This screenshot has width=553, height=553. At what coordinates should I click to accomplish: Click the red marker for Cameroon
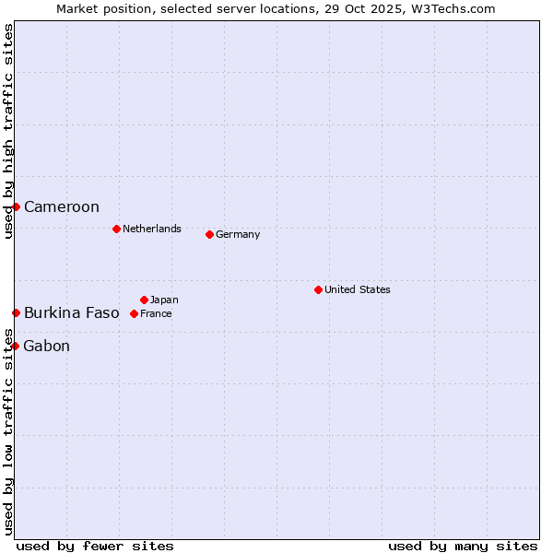tap(16, 206)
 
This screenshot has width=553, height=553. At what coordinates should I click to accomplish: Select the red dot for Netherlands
tap(116, 229)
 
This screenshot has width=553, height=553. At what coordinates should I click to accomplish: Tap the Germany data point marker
tap(209, 234)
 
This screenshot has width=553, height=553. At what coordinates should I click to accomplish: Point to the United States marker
tap(318, 289)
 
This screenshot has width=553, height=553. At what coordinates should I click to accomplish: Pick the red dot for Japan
tap(144, 300)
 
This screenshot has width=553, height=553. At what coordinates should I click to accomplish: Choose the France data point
tap(134, 313)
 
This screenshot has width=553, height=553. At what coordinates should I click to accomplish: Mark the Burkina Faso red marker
tap(16, 313)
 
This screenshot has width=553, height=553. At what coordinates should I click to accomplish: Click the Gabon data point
tap(16, 346)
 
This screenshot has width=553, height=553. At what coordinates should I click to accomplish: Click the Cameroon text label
tap(62, 206)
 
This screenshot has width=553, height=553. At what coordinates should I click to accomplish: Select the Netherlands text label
tap(152, 229)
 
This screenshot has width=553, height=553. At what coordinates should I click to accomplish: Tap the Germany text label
tap(238, 234)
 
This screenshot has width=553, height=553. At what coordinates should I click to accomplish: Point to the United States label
tap(358, 289)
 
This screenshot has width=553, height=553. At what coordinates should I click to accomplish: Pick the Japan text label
tap(164, 300)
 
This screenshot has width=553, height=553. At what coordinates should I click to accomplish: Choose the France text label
tap(156, 313)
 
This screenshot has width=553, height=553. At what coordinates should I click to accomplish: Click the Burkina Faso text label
tap(72, 313)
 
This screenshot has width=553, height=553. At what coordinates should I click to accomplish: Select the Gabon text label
tap(47, 347)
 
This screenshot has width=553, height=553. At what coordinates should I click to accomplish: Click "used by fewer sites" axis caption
tap(95, 546)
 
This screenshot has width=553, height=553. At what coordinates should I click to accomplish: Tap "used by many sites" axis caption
tap(463, 546)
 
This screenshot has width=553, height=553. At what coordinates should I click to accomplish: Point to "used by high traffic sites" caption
tap(8, 131)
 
